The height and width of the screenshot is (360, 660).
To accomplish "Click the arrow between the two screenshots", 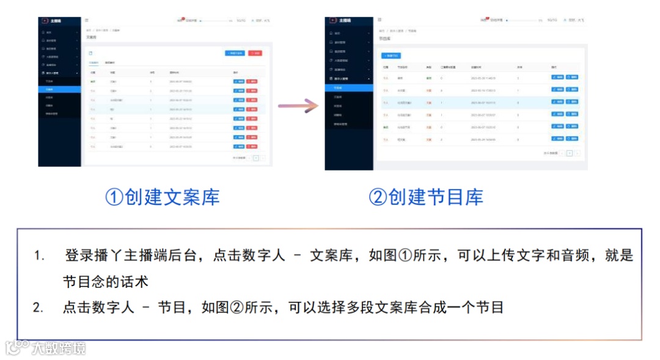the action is tap(299, 106).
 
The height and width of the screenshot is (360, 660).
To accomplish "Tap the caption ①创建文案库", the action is tap(162, 197).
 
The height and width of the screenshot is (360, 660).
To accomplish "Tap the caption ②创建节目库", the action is tap(426, 197).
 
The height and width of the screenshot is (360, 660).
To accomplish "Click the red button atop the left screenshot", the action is tap(255, 53).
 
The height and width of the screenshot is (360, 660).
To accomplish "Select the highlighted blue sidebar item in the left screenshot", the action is tap(59, 89).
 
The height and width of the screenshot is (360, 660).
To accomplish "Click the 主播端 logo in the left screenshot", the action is tap(55, 20).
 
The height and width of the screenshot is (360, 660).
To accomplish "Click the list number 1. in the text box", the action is tap(39, 256).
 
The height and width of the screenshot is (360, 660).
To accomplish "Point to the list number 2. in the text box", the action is tap(38, 307).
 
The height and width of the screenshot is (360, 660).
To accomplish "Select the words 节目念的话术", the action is tap(106, 282).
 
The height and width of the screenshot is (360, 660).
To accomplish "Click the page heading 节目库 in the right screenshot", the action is tap(385, 38).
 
